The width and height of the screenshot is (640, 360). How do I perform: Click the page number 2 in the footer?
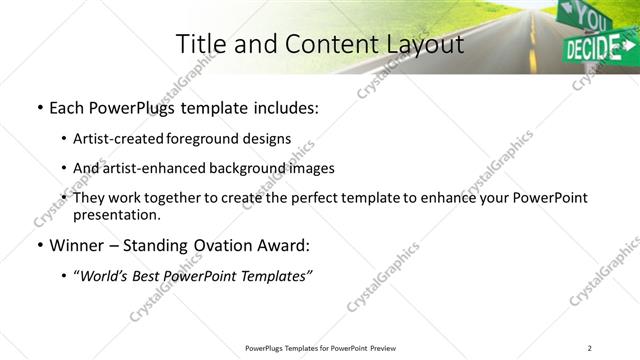(589, 347)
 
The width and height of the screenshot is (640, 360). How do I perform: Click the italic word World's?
(105, 275)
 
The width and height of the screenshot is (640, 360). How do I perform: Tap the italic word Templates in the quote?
(275, 275)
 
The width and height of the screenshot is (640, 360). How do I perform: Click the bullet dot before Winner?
(39, 245)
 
